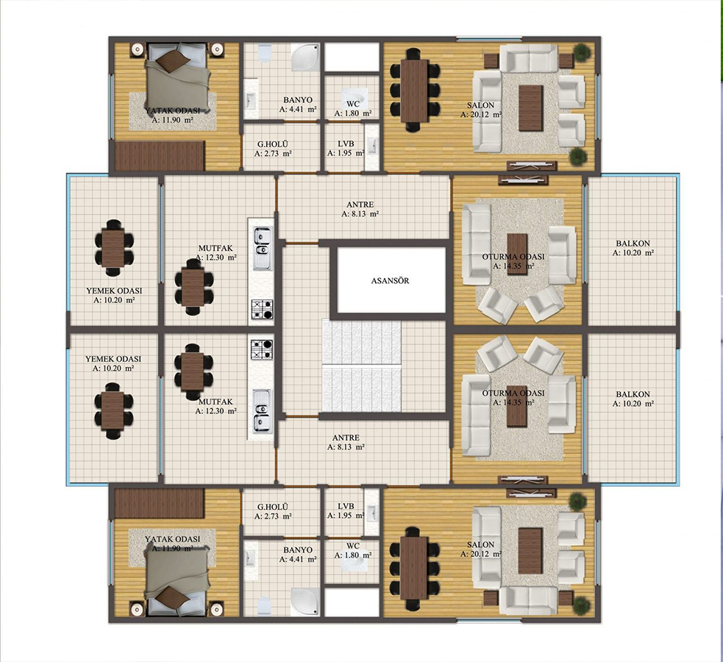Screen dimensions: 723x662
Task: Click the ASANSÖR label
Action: (x=390, y=280)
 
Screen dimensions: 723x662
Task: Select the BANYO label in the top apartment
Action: (x=298, y=99)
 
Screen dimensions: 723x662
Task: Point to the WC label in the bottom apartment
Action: (x=353, y=546)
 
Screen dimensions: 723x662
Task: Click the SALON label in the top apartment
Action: (x=480, y=105)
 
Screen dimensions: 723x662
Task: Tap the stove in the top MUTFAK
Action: (x=262, y=310)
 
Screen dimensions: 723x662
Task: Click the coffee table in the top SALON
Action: (x=530, y=108)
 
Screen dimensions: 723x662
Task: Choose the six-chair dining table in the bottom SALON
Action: (x=414, y=568)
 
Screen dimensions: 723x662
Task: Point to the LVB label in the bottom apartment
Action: (x=346, y=506)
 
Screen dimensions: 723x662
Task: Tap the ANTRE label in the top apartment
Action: (x=360, y=204)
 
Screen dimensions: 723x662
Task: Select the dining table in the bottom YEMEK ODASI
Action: (x=113, y=410)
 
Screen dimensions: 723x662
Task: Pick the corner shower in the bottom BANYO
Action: (x=304, y=602)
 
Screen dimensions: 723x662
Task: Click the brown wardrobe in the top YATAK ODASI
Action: (x=160, y=156)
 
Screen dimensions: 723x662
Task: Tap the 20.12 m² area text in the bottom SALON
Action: (x=481, y=554)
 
